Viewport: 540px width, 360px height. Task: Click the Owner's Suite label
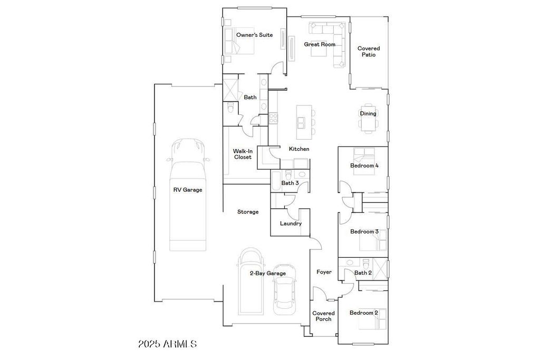[x=254, y=35]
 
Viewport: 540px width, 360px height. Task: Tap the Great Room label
[x=320, y=44]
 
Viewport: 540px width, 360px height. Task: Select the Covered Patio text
[x=369, y=52]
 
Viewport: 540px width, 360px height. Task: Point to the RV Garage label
[x=187, y=190]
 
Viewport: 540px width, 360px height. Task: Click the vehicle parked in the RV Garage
[x=187, y=194]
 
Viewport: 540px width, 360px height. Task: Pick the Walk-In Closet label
[x=243, y=154]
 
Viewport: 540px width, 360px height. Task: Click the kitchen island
[x=304, y=122]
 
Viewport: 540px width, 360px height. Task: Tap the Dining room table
[x=368, y=118]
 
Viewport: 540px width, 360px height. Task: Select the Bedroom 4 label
[x=364, y=166]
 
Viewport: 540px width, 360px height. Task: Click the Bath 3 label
[x=290, y=183]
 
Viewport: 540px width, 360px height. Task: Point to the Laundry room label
[x=291, y=223]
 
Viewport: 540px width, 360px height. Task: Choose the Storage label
[x=248, y=212]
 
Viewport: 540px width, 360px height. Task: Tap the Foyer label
[x=324, y=272]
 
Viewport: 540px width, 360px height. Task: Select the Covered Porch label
[x=323, y=316]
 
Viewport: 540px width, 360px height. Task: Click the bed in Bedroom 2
[x=373, y=319]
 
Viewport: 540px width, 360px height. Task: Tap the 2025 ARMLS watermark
[x=167, y=344]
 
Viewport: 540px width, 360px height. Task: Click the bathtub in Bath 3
[x=276, y=181]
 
